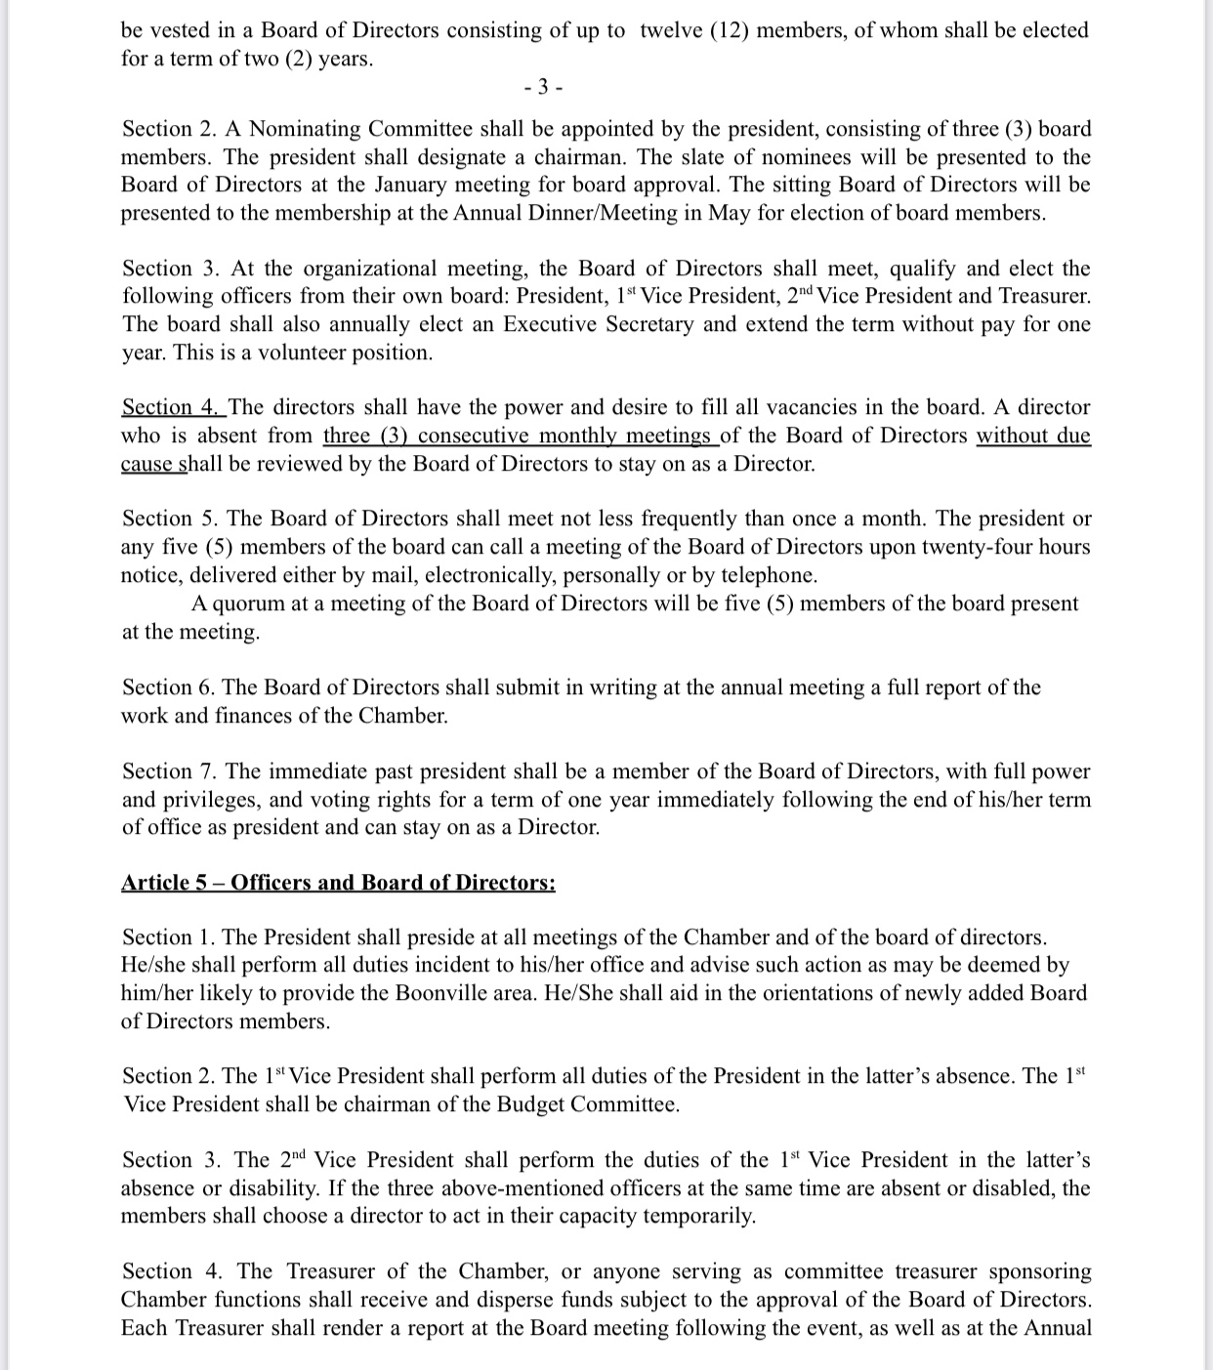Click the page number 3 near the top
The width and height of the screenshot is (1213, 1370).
[543, 87]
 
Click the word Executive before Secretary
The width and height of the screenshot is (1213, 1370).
[550, 324]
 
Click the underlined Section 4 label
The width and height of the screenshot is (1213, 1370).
[172, 407]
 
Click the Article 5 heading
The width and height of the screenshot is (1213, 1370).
[338, 883]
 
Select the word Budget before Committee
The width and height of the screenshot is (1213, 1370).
[530, 1104]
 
